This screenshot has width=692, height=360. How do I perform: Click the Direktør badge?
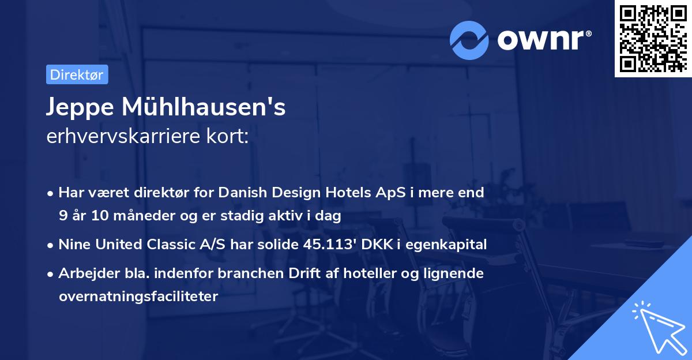click(x=77, y=75)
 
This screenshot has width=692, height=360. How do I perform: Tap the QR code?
click(x=653, y=39)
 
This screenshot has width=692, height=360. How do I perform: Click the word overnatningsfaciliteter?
click(x=138, y=297)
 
